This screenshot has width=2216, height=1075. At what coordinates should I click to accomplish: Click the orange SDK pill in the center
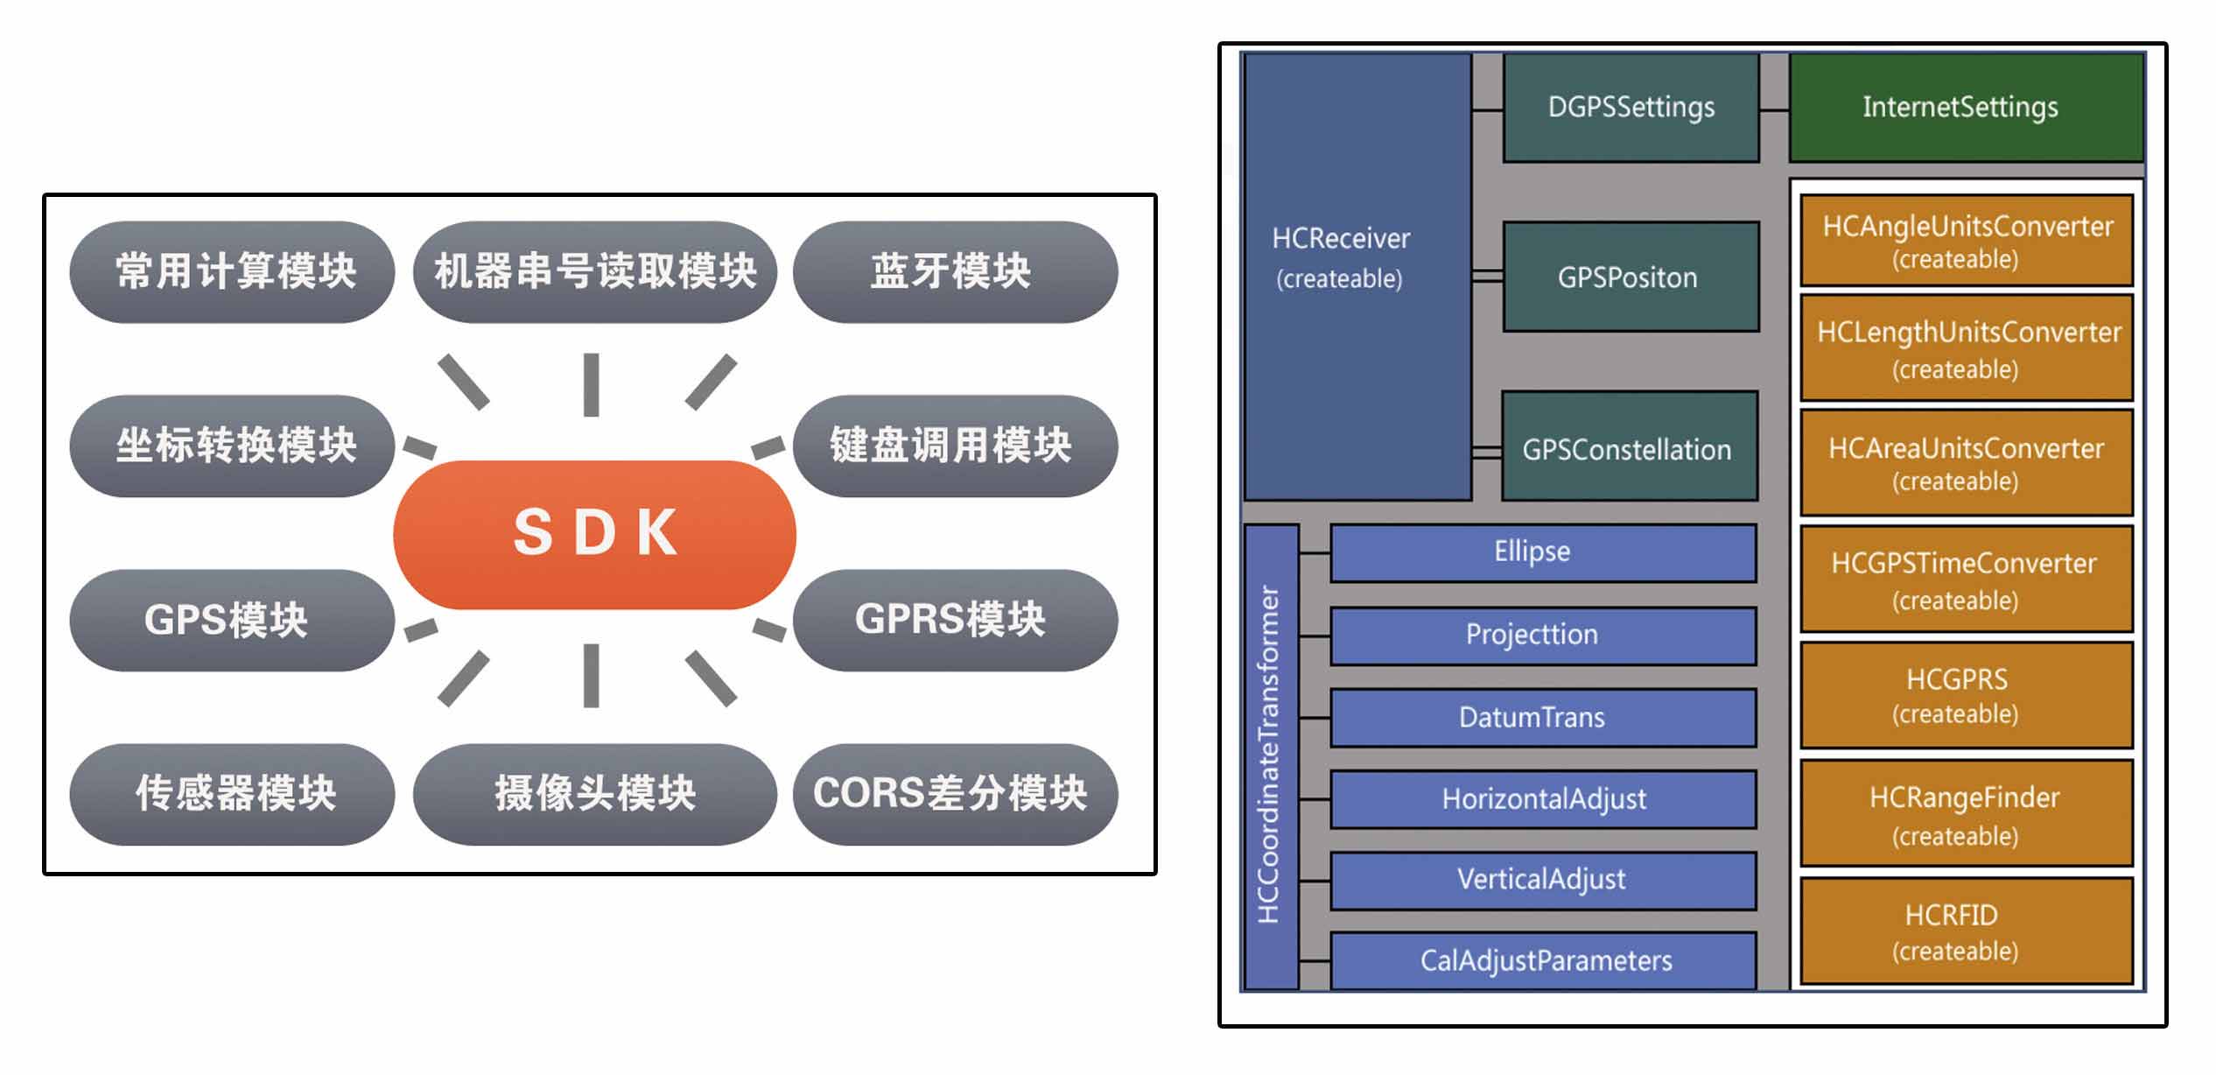pyautogui.click(x=594, y=533)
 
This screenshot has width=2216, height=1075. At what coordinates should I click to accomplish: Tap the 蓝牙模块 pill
pyautogui.click(x=954, y=271)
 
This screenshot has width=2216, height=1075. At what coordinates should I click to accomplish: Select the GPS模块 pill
pyautogui.click(x=231, y=620)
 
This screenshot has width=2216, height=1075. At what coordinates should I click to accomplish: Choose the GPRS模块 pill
pyautogui.click(x=954, y=620)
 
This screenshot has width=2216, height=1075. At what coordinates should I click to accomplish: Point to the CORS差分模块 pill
pyautogui.click(x=954, y=793)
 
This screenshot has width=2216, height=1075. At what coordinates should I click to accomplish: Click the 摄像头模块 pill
pyautogui.click(x=594, y=793)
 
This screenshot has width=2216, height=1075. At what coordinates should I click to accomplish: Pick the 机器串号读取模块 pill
pyautogui.click(x=594, y=271)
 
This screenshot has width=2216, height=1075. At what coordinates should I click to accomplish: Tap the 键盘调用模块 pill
pyautogui.click(x=954, y=446)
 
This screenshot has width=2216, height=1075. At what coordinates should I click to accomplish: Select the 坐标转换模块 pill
pyautogui.click(x=231, y=446)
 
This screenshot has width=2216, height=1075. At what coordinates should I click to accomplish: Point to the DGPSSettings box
pyautogui.click(x=1630, y=108)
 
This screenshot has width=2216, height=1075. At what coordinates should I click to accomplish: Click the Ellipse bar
pyautogui.click(x=1542, y=552)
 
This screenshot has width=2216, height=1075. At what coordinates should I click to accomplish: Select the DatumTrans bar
pyautogui.click(x=1542, y=718)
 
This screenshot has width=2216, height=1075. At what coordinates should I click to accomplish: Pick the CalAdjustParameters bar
pyautogui.click(x=1542, y=960)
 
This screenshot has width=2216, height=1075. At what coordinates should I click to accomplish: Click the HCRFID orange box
pyautogui.click(x=1966, y=931)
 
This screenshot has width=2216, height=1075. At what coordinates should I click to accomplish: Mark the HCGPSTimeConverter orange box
pyautogui.click(x=1966, y=580)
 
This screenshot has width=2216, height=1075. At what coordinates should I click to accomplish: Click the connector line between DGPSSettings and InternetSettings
pyautogui.click(x=1774, y=110)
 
